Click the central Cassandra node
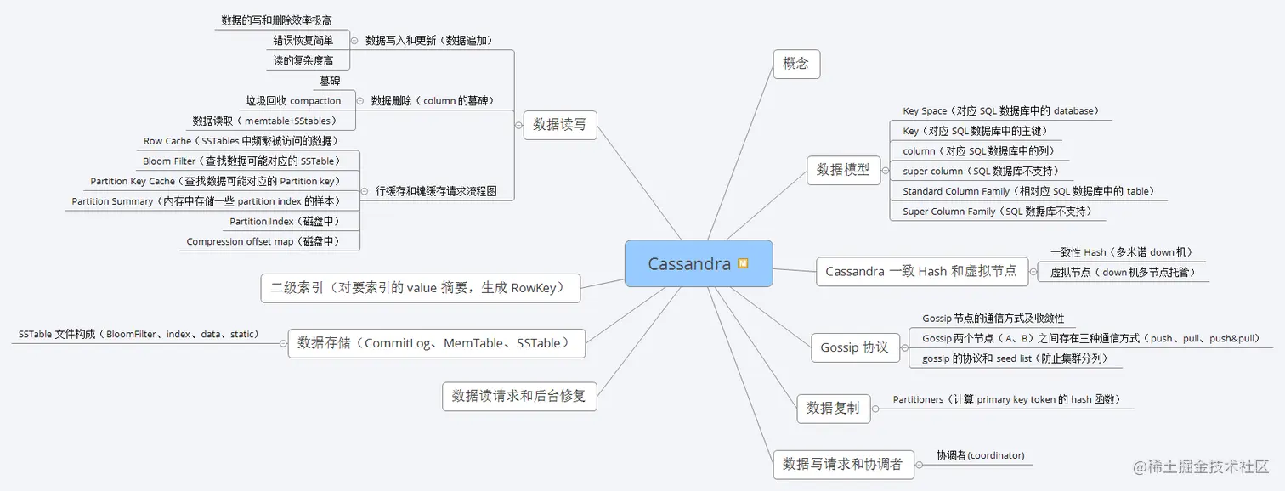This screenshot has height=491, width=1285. (688, 263)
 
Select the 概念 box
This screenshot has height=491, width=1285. (796, 64)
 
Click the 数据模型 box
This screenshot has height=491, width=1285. (843, 170)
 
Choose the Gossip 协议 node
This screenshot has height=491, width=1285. (854, 347)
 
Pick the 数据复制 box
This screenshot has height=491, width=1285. (833, 408)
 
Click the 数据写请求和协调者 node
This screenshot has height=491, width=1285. (842, 464)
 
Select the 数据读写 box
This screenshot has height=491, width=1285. (559, 124)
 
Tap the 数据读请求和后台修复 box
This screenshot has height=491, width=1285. (519, 396)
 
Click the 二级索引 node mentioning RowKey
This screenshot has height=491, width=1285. (420, 288)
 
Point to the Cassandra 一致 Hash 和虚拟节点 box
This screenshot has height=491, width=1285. (921, 271)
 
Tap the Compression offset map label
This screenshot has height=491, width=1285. (263, 242)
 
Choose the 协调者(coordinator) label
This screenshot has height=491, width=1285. (980, 455)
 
